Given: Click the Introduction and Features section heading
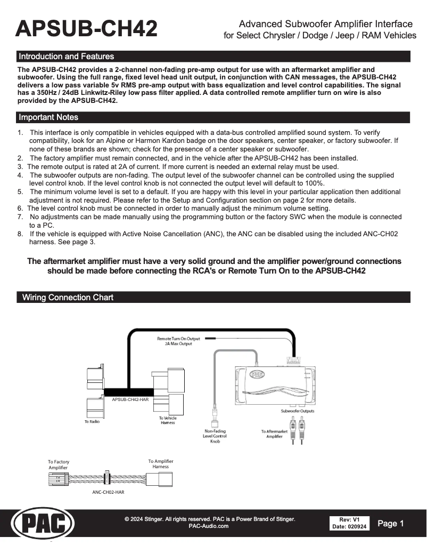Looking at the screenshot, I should click(x=66, y=57).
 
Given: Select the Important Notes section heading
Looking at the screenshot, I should click(x=48, y=117).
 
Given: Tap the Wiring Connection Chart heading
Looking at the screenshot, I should click(x=68, y=298).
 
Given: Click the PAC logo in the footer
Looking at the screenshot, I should click(x=43, y=524).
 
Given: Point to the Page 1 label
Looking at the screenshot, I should click(x=391, y=524).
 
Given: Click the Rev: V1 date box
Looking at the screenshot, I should click(x=349, y=523).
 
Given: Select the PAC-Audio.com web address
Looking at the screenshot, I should click(x=209, y=526).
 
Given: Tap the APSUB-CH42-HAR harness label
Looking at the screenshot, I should click(x=130, y=399).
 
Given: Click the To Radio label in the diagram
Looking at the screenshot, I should click(x=92, y=422).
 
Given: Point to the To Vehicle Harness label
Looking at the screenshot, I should click(x=168, y=420).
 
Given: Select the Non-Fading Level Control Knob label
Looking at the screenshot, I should click(x=215, y=436).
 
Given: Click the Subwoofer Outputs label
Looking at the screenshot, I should click(x=298, y=411).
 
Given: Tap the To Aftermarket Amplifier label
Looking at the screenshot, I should click(x=274, y=434).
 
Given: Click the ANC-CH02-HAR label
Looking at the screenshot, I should click(x=108, y=492).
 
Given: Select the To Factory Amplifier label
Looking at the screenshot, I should click(x=59, y=464).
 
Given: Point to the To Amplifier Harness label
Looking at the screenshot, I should click(x=160, y=464).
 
